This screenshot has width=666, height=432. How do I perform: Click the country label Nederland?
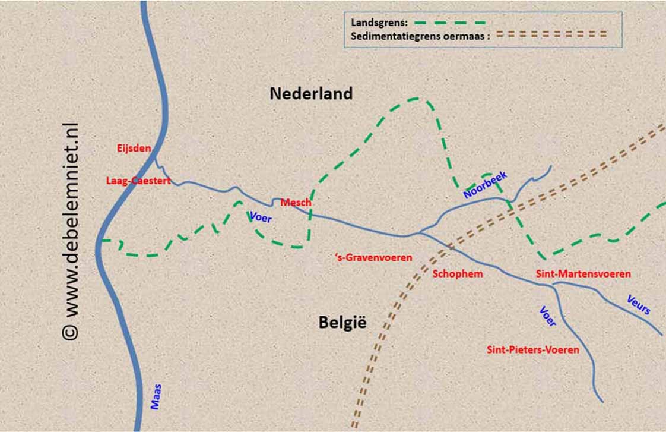311,93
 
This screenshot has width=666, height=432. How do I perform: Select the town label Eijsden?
134,149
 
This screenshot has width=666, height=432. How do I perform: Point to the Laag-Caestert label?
138,181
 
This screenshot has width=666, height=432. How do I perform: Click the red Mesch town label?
296,203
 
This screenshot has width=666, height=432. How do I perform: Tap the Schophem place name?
457,274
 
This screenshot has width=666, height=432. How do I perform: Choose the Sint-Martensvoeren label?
583,274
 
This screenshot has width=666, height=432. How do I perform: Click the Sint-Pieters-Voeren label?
532,350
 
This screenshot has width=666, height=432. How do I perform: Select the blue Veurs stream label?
639,304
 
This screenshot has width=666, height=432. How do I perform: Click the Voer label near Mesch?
261,217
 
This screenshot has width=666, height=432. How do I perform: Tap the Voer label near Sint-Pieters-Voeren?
548,316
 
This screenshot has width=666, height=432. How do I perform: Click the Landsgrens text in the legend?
375,23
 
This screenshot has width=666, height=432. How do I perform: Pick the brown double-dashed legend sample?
551,34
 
